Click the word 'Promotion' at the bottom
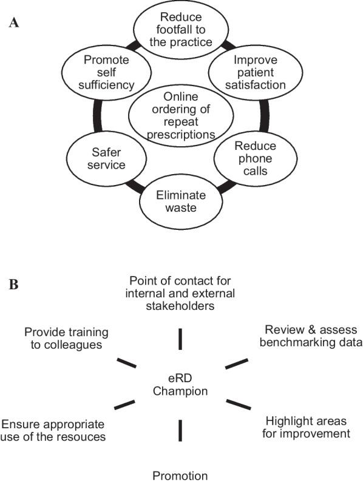(180, 474)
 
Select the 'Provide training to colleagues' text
(66, 338)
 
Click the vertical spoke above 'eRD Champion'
(180, 339)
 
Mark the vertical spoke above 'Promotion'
(180, 430)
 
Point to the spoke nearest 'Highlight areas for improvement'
(237, 404)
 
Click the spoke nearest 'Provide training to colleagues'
(126, 363)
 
